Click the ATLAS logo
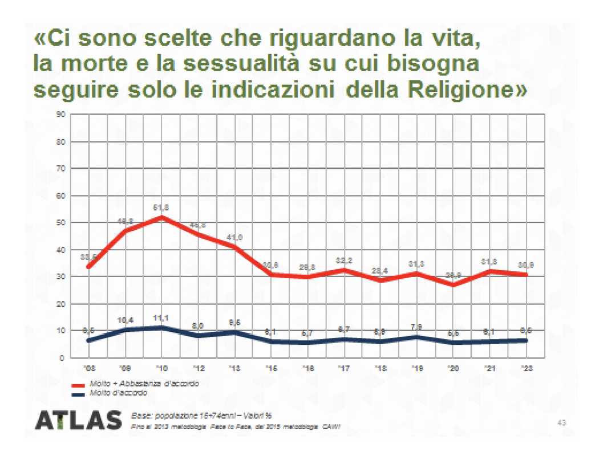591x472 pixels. pyautogui.click(x=79, y=420)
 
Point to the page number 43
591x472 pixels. pyautogui.click(x=561, y=422)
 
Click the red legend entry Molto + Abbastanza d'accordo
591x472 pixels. pyautogui.click(x=143, y=384)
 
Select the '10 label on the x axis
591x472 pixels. pyautogui.click(x=161, y=368)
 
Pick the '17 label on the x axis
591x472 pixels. pyautogui.click(x=343, y=368)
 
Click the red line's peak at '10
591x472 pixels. pyautogui.click(x=162, y=217)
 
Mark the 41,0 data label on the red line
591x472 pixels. pyautogui.click(x=235, y=237)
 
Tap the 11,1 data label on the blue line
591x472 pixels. pyautogui.click(x=162, y=318)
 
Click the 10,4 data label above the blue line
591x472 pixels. pyautogui.click(x=126, y=320)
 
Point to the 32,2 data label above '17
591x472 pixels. pyautogui.click(x=344, y=261)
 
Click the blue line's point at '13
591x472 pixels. pyautogui.click(x=235, y=332)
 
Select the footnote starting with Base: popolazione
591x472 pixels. pyautogui.click(x=201, y=416)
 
